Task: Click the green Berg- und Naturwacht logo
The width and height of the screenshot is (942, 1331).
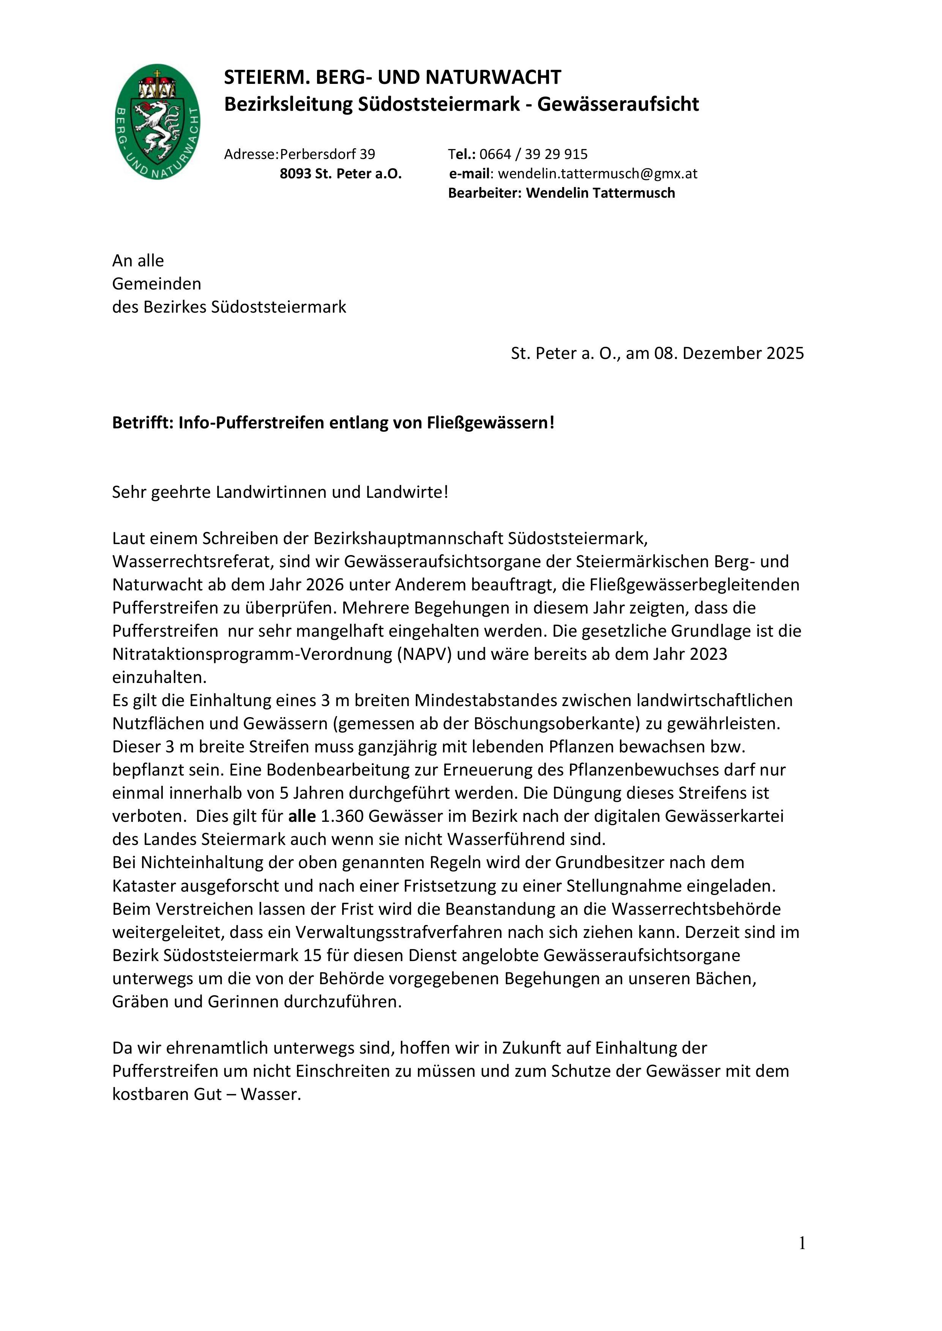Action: click(x=157, y=122)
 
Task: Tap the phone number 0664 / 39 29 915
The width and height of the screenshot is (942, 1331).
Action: click(x=533, y=154)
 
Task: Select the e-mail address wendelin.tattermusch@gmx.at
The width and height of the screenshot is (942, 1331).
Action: click(x=598, y=173)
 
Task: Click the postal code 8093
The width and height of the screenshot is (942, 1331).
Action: click(x=295, y=174)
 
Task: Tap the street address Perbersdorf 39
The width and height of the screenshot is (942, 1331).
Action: click(x=327, y=154)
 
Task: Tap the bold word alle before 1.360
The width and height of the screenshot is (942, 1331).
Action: click(x=301, y=816)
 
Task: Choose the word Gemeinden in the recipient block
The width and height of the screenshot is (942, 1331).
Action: click(x=156, y=284)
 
